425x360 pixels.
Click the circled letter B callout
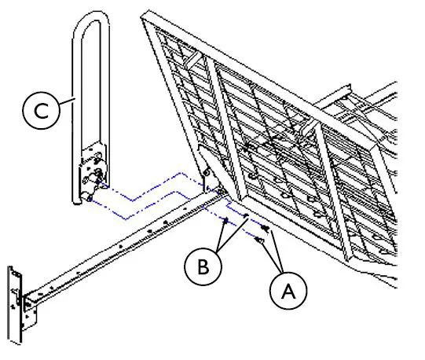[203, 265]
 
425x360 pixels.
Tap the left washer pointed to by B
[227, 222]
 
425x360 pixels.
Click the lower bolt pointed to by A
[259, 241]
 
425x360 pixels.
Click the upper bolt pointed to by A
[269, 230]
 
